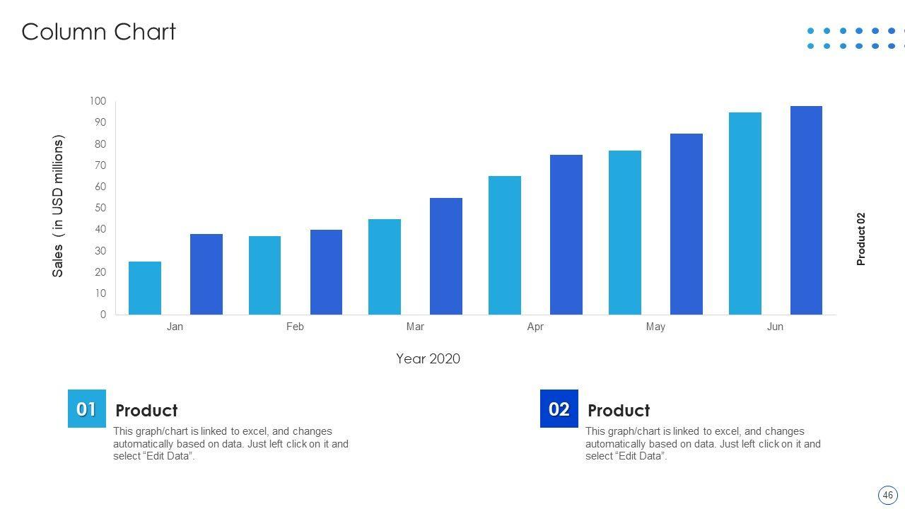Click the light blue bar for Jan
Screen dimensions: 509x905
point(145,288)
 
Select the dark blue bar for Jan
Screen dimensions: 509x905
point(206,274)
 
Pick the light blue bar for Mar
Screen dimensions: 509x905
point(385,267)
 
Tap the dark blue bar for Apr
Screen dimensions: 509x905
point(566,235)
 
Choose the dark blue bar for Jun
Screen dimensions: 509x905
point(806,211)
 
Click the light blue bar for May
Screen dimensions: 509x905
point(625,233)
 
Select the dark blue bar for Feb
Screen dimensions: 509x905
point(326,272)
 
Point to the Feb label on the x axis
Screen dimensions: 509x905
point(295,327)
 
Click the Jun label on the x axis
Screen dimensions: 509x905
point(775,327)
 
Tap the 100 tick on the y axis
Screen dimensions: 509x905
point(98,101)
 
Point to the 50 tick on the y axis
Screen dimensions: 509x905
point(100,208)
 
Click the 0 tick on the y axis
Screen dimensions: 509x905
point(103,315)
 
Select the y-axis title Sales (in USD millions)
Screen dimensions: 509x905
point(58,206)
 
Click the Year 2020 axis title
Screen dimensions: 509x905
point(428,358)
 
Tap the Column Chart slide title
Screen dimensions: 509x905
point(98,32)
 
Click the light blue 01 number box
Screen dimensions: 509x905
point(87,409)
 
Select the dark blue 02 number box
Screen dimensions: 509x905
point(559,409)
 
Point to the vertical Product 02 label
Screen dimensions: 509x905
point(860,239)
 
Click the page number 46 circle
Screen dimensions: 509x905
point(887,495)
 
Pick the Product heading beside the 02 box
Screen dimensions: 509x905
point(619,411)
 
